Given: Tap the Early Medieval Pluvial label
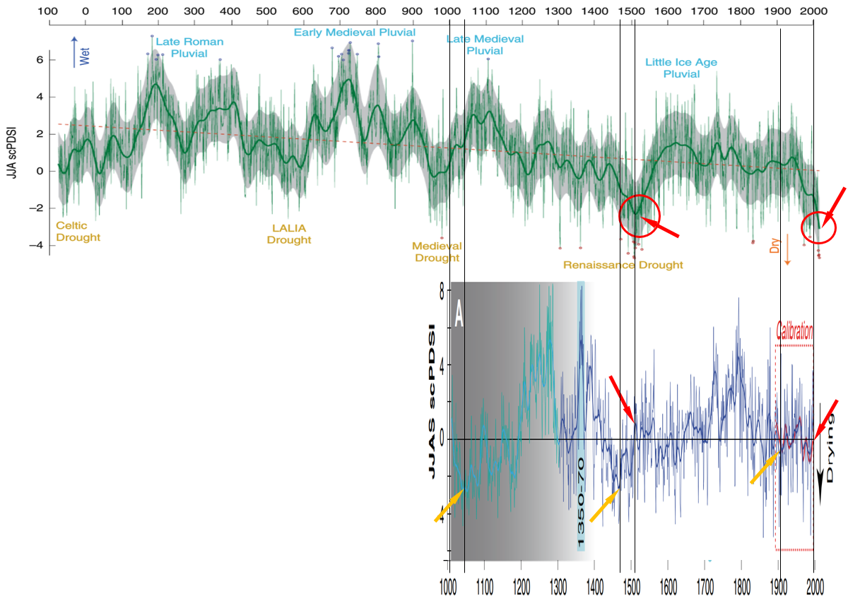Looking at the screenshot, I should (x=355, y=32).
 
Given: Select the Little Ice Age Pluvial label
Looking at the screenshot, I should (x=681, y=68).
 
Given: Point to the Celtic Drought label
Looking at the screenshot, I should (x=78, y=232).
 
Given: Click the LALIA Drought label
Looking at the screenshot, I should (x=288, y=234).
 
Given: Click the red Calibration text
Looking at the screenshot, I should (x=794, y=331).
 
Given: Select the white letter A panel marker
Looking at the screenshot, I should (x=459, y=313).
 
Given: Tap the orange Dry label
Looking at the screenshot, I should (x=775, y=246).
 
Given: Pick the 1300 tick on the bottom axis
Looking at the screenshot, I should (x=558, y=585).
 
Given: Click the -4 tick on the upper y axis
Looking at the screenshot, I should (x=40, y=245).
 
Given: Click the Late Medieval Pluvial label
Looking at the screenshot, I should (x=485, y=44).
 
